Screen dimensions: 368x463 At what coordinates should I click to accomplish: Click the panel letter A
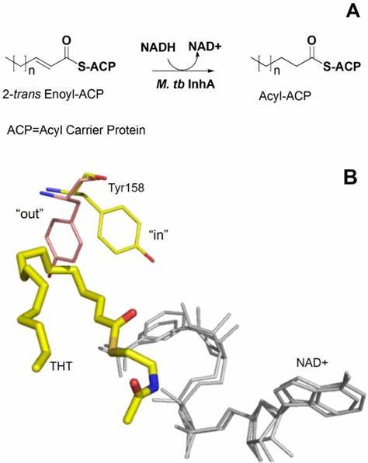(352, 12)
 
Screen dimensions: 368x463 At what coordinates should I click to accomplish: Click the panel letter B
(350, 177)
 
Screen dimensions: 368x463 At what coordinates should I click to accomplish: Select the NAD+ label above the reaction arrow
(205, 47)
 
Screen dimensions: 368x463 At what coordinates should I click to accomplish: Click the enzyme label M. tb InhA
(186, 85)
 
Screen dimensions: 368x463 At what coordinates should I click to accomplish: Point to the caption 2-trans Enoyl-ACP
(54, 94)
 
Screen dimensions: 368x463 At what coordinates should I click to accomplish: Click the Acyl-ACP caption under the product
(285, 96)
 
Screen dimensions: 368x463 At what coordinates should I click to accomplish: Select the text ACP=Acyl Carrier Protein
(76, 130)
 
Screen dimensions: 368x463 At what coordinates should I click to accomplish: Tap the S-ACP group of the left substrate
(96, 67)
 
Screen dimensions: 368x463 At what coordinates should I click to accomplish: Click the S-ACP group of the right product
(342, 67)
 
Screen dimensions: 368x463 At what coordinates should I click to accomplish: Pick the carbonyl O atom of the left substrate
(67, 41)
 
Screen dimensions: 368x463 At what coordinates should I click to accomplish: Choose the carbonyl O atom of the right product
(312, 41)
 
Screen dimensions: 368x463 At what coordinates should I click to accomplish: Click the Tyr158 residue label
(127, 188)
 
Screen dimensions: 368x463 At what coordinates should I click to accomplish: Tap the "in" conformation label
(158, 235)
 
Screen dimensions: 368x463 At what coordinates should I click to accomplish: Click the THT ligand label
(61, 366)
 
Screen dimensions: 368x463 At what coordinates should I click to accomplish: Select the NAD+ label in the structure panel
(312, 363)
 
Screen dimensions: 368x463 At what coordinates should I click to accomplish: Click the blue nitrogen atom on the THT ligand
(154, 383)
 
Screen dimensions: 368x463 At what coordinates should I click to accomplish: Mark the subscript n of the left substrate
(32, 71)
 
